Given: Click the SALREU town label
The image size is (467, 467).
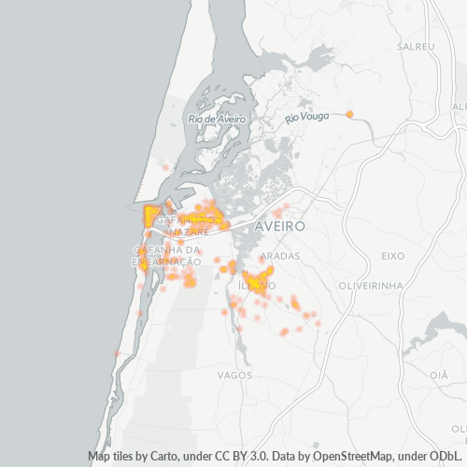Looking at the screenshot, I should click(416, 46).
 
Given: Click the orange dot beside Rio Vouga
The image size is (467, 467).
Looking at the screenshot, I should click(349, 114).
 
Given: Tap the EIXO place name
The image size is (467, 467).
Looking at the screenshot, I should click(395, 255).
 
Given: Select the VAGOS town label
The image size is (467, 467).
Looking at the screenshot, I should click(233, 375).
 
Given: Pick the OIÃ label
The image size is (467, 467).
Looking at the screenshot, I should click(439, 374).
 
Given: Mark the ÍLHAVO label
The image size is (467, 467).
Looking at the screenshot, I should click(256, 284).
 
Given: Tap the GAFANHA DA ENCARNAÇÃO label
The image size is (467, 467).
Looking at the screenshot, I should click(167, 256).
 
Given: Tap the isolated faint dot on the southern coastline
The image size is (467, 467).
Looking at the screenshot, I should click(117, 353).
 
